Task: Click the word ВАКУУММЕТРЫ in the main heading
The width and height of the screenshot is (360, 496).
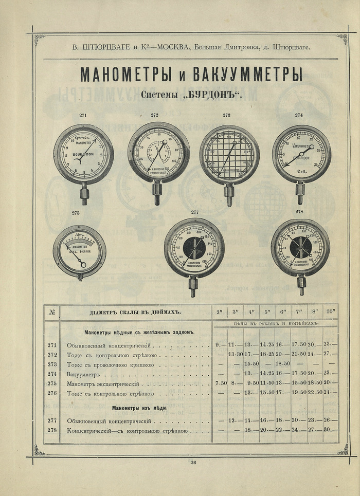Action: (x=247, y=75)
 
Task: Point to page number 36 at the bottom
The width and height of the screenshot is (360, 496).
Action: (x=193, y=463)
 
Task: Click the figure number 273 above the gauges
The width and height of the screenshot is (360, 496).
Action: (x=226, y=115)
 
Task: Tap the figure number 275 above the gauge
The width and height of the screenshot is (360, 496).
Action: (x=76, y=212)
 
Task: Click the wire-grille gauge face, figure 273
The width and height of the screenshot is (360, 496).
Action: (x=229, y=155)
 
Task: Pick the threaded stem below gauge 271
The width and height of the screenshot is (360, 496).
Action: (x=84, y=195)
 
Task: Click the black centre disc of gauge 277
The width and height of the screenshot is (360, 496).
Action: (x=194, y=248)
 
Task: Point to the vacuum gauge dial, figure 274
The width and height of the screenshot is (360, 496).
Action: (x=301, y=154)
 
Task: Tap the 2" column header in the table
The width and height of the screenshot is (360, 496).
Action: (x=220, y=312)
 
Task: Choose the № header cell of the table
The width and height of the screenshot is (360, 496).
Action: (x=52, y=312)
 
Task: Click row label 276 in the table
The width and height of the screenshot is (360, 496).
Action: (x=52, y=393)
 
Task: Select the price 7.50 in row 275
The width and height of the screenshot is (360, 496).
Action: (x=220, y=383)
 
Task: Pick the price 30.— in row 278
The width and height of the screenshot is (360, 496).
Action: (x=330, y=430)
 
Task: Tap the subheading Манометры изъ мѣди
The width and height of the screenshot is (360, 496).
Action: (x=139, y=408)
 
